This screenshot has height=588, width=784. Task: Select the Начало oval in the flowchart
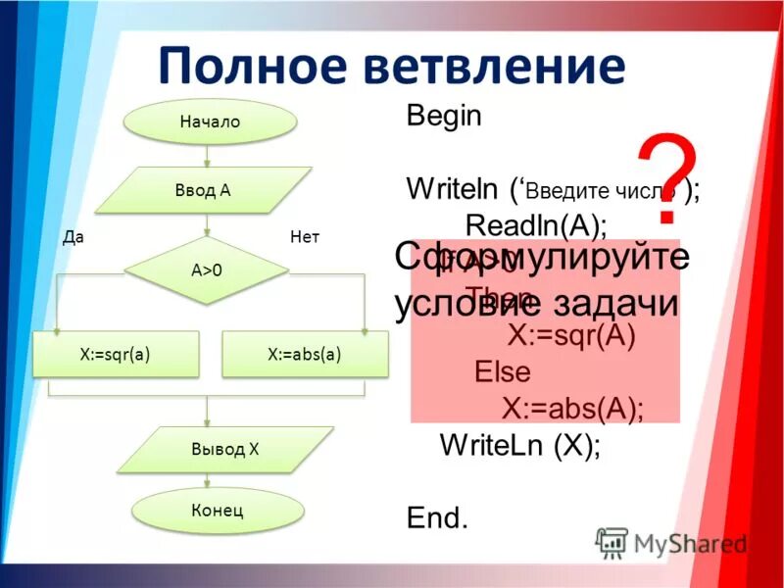(210, 122)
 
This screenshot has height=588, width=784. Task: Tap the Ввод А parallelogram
(203, 190)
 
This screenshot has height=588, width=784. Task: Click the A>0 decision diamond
(206, 270)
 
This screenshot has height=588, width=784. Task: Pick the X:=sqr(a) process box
(116, 355)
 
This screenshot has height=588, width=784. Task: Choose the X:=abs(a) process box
(305, 355)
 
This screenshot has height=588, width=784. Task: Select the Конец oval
(212, 511)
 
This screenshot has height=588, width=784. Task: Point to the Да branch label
(72, 237)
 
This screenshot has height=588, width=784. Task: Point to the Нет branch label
(305, 237)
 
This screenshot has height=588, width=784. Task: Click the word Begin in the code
(444, 116)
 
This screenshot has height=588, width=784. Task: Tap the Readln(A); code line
(536, 225)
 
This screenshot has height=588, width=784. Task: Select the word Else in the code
(502, 372)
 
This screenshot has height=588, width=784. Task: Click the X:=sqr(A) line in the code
(571, 336)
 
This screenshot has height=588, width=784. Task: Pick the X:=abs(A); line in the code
(573, 409)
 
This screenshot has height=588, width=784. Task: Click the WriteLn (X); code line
(520, 445)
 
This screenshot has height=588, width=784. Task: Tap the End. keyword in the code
(437, 518)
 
